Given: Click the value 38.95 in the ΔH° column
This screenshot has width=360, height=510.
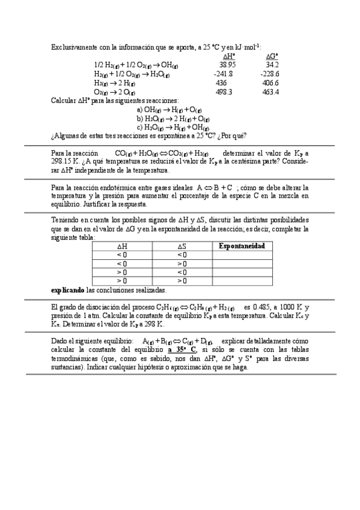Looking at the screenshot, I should pos(227,64).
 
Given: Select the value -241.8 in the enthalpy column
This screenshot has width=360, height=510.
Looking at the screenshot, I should pos(223,73).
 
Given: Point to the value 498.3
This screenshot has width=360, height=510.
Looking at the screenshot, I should pos(224,92).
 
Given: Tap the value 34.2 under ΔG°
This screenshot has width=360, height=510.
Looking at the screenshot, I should pos(272,64).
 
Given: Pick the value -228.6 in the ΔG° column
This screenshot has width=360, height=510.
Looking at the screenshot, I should pos(269,73).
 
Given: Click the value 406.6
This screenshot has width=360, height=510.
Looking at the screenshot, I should pos(270,82).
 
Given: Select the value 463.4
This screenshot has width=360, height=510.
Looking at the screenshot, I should pos(270,92).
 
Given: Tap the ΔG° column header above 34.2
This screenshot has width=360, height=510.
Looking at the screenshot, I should pos(272,55).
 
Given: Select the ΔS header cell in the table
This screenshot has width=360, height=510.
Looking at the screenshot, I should pos(182,246).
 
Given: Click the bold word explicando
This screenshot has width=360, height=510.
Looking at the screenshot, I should pos(68,290).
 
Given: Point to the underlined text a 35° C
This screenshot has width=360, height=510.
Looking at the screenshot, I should pos(182,349).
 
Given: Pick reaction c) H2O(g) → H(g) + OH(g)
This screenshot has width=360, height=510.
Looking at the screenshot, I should pos(173,127).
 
